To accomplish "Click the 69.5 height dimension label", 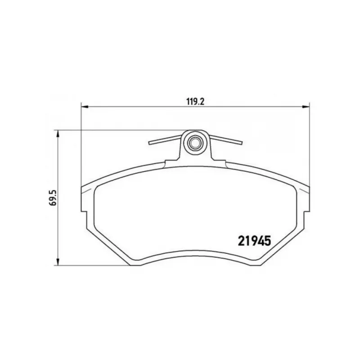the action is click(x=54, y=198).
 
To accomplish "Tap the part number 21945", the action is click(x=254, y=241).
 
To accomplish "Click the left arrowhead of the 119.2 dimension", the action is click(x=85, y=107).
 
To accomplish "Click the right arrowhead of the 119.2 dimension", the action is click(x=306, y=107).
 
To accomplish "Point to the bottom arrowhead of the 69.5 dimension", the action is click(x=58, y=262).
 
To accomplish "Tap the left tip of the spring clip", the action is click(x=150, y=143).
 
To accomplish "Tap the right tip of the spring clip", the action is click(x=241, y=143).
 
